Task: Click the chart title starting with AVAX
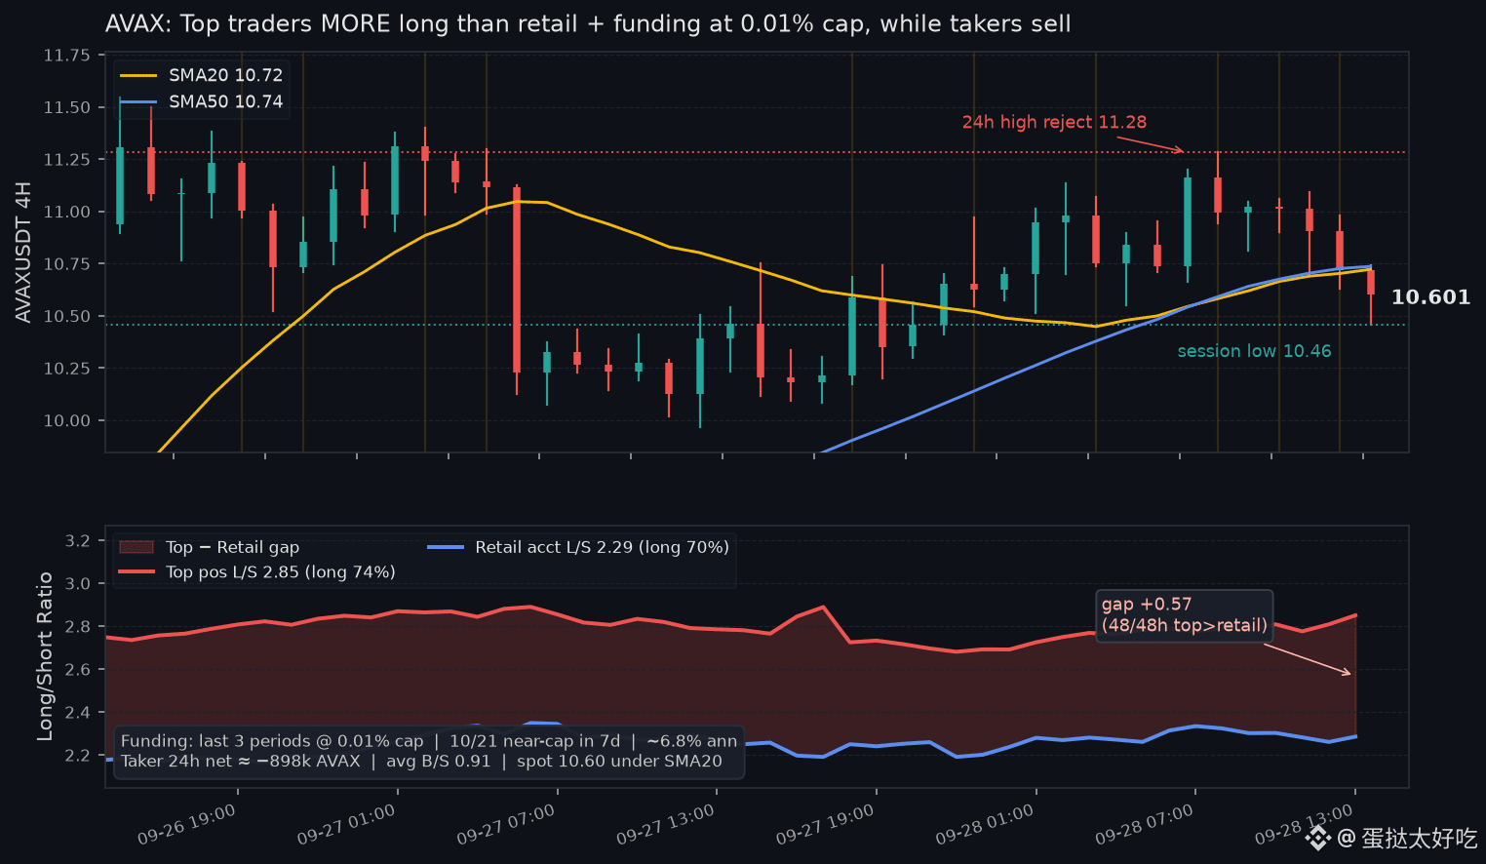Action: point(588,23)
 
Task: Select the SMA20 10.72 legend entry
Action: point(201,75)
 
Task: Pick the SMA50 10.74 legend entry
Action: point(201,101)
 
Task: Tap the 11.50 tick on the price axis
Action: point(66,107)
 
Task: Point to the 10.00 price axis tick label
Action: point(66,420)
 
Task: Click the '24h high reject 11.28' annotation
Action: point(1054,122)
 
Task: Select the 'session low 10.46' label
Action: point(1254,351)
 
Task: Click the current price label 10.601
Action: point(1430,297)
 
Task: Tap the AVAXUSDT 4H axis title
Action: point(23,253)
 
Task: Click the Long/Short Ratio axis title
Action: point(45,656)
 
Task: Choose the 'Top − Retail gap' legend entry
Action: point(209,547)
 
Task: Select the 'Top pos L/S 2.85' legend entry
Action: point(256,572)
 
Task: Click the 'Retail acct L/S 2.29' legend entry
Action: point(578,547)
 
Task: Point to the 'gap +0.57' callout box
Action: point(1184,615)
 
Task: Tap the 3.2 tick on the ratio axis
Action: point(77,541)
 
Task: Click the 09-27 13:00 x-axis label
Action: point(665,824)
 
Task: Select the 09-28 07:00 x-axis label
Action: point(1145,824)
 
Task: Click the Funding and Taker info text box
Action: point(429,752)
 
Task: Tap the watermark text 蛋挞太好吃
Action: point(1419,838)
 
